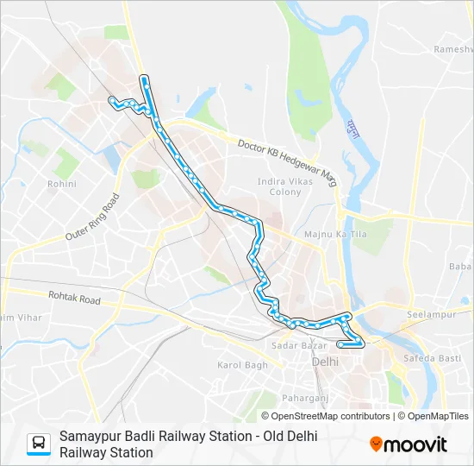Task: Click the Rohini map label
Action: pyautogui.click(x=62, y=184)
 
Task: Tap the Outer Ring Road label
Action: pyautogui.click(x=92, y=217)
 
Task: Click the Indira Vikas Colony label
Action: pyautogui.click(x=279, y=186)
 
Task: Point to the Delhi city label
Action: pyautogui.click(x=326, y=361)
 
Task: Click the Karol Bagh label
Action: pyautogui.click(x=242, y=365)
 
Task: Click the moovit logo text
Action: pyautogui.click(x=415, y=444)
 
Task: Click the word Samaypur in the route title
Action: pyautogui.click(x=92, y=437)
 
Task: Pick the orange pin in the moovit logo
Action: pyautogui.click(x=376, y=444)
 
